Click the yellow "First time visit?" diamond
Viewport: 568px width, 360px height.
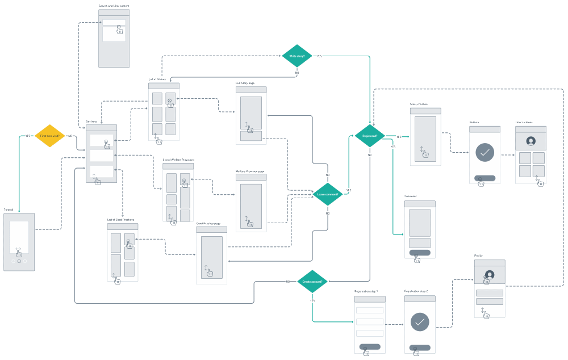[x=50, y=136]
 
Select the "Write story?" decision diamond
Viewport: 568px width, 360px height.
[x=297, y=56]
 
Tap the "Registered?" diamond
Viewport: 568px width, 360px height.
[x=369, y=136]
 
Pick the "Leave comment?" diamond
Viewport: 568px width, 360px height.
[x=328, y=194]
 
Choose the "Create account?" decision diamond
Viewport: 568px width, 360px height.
[x=312, y=282]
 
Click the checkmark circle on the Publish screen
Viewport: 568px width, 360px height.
[x=485, y=152]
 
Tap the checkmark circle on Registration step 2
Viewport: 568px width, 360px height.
[x=420, y=322]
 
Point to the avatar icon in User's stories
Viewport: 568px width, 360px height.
[x=531, y=141]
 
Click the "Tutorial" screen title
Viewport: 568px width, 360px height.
[x=10, y=210]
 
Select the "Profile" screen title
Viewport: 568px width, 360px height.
[x=478, y=256]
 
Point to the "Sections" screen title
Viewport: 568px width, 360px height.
[x=91, y=122]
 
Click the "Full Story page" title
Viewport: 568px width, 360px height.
[x=245, y=83]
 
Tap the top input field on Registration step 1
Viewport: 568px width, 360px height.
[x=370, y=310]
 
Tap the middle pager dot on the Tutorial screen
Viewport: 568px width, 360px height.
[x=19, y=261]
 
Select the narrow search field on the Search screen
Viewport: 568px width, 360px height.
[x=114, y=23]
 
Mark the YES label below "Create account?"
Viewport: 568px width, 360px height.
[x=312, y=300]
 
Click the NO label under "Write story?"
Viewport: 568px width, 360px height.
[x=297, y=73]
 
